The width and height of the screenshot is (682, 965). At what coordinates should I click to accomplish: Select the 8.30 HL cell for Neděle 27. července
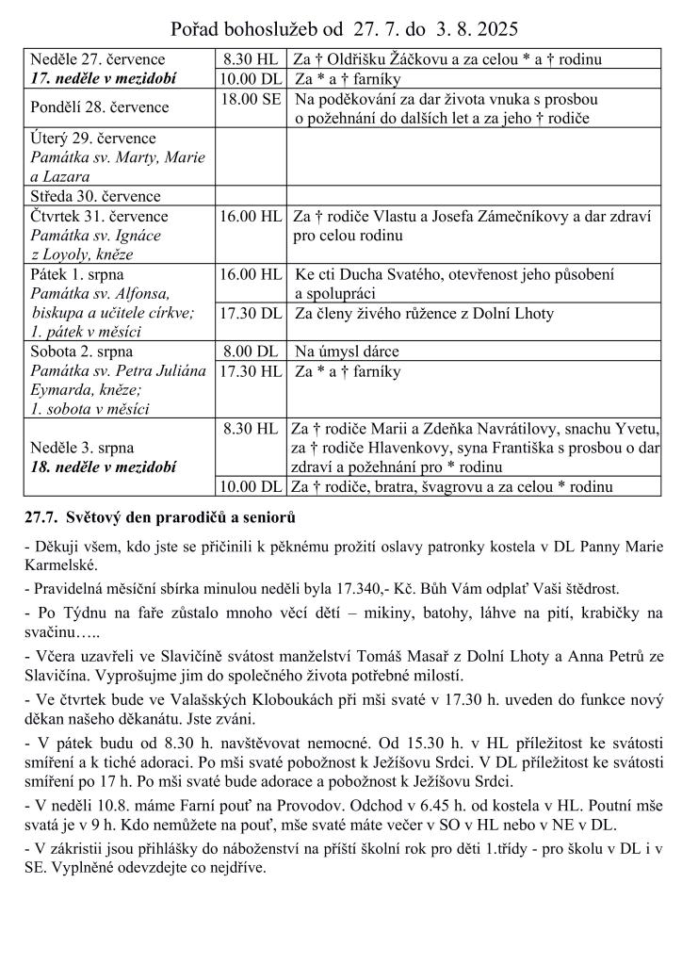coord(250,59)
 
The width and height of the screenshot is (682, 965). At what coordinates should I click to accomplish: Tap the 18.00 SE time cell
coord(251,98)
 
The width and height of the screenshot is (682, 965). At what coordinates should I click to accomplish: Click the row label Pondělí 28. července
coord(100,107)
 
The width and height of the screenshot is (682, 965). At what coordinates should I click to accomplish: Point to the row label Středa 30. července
coord(96,196)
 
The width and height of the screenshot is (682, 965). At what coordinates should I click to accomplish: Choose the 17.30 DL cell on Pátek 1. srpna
coord(251,314)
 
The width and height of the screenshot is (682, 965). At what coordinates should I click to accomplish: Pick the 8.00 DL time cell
coord(251,352)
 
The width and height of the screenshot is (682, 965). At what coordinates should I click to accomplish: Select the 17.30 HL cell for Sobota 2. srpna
coord(251,371)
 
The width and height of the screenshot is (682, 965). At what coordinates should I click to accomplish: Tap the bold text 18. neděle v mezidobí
coord(104,466)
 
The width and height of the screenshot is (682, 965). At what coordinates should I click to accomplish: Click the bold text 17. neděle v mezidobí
coord(104,78)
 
